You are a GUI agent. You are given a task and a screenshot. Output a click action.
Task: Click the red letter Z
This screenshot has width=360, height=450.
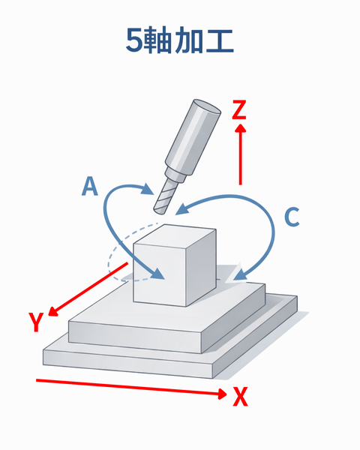coord(238,109)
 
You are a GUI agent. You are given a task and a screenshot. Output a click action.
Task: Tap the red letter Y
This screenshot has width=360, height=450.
coord(36,322)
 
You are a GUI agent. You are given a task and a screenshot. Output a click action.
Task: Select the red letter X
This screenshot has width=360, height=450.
coord(240,396)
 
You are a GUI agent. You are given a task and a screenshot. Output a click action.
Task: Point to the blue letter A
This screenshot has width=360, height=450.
coord(90,186)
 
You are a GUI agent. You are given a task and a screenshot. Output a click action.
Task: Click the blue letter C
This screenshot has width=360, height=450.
coord(292,217)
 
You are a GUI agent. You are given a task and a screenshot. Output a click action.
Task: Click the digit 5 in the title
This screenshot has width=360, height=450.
coord(134,41)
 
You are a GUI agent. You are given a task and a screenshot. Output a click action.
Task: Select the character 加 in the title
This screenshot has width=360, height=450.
coord(188,41)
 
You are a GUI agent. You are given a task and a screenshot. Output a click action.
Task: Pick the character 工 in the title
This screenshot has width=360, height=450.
coord(220,41)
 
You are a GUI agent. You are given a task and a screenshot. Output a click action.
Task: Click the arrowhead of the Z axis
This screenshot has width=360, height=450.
coord(240,128)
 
